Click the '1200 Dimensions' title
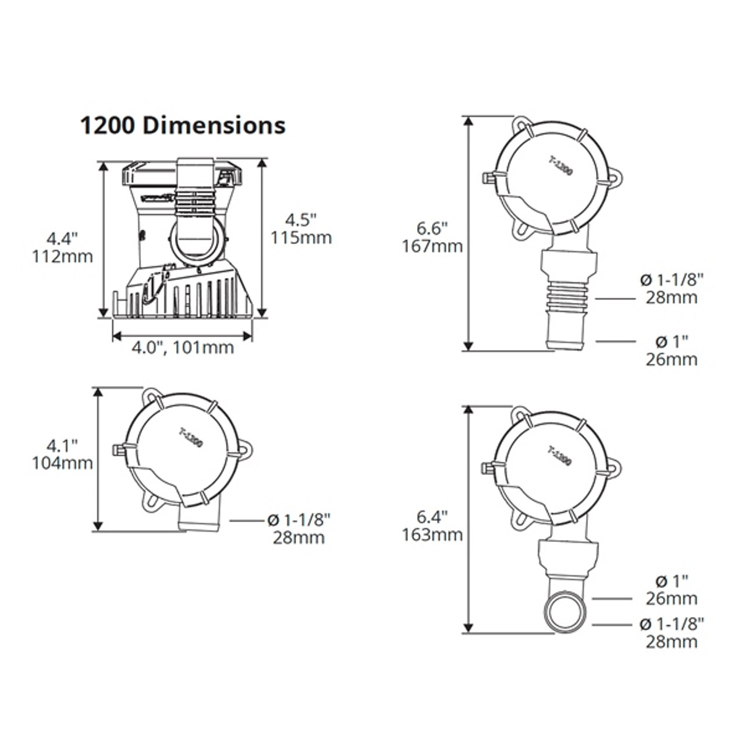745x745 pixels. (182, 126)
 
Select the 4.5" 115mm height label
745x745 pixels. (300, 229)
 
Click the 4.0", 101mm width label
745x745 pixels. (182, 348)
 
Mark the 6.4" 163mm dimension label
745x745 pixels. (432, 526)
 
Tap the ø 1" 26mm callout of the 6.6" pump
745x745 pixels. (671, 350)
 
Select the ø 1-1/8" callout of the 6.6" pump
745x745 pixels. (671, 289)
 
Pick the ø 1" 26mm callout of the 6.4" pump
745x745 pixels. (671, 589)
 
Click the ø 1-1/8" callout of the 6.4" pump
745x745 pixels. (671, 632)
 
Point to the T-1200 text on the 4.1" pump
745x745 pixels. (191, 437)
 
